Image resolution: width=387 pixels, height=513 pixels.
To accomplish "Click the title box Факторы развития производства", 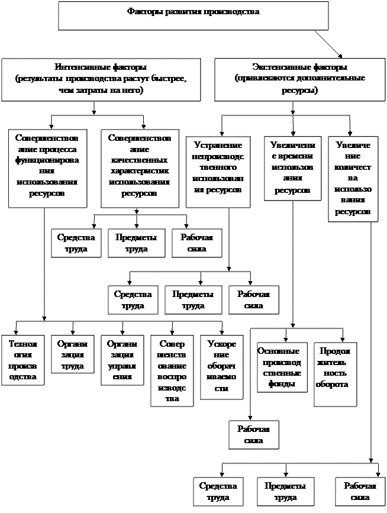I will (x=193, y=15).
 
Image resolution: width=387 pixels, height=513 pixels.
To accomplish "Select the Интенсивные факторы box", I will (x=101, y=79).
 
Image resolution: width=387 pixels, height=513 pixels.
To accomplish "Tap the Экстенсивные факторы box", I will (x=299, y=79).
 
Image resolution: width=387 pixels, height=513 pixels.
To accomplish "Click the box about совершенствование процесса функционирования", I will (x=47, y=168).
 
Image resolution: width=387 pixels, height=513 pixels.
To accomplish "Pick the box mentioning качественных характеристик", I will (x=140, y=168).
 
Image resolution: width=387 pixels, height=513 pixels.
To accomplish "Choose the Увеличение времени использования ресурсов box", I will (x=292, y=168).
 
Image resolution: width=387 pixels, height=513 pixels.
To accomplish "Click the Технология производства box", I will (x=22, y=360).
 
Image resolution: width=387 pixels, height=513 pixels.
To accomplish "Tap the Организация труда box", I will (x=72, y=355).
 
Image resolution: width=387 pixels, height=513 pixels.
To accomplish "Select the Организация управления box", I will (x=121, y=360).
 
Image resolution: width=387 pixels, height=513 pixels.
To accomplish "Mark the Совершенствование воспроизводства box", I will (x=172, y=371).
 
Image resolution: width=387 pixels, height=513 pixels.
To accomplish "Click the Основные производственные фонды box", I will (x=282, y=367).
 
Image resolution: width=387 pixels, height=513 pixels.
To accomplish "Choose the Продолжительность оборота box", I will (x=335, y=373).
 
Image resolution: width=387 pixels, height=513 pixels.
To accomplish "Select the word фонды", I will (x=282, y=383).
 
